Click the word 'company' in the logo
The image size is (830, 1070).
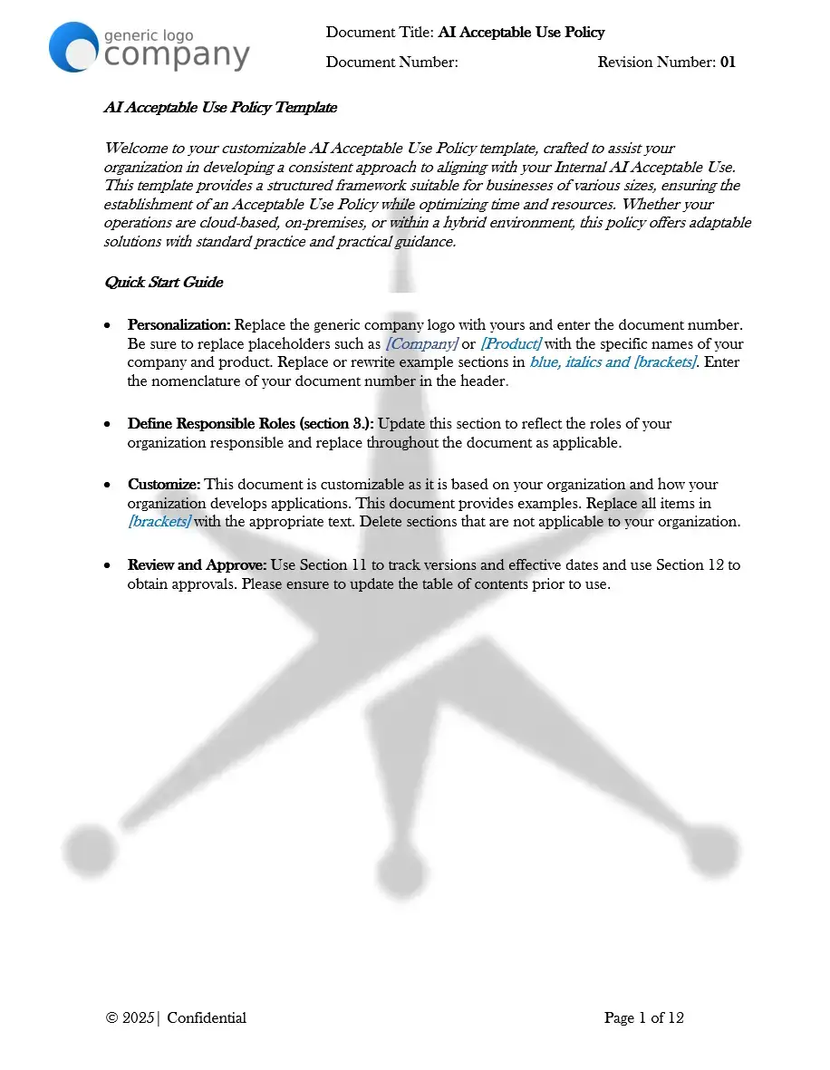point(177,55)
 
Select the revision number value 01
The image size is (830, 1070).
point(728,63)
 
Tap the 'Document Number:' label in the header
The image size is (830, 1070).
point(391,63)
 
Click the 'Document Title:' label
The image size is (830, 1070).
point(380,33)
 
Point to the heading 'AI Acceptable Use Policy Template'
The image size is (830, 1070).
point(220,107)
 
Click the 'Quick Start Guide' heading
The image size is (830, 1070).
point(163,282)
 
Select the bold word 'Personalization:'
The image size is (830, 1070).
point(179,324)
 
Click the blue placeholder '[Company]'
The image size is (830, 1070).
point(421,343)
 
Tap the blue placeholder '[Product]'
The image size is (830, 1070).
point(510,343)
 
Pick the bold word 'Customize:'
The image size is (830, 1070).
point(164,485)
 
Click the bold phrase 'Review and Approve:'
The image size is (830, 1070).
point(197,565)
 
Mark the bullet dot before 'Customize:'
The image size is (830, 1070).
point(109,486)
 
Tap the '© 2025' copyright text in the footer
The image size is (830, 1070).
point(130,1018)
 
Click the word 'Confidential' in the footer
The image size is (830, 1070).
point(207,1018)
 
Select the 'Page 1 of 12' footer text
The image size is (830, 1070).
point(643,1018)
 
